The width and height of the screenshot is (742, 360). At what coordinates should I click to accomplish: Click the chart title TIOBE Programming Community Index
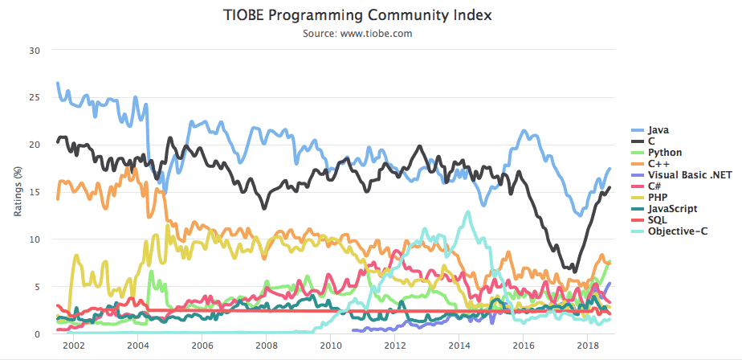click(x=357, y=15)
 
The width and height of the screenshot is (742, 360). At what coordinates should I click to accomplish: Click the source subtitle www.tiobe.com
click(x=357, y=33)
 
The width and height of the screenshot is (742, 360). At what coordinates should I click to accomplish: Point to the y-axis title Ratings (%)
click(x=17, y=192)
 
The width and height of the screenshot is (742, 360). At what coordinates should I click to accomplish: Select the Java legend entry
click(x=658, y=129)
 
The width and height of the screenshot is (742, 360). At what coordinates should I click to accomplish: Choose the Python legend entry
click(x=665, y=152)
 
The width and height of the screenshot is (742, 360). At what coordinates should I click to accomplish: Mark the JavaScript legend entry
click(x=670, y=208)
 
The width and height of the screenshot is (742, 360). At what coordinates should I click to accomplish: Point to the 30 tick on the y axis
click(x=33, y=50)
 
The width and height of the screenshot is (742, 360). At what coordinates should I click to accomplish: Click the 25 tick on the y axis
click(x=33, y=97)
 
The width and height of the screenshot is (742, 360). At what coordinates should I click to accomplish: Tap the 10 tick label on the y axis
click(x=33, y=239)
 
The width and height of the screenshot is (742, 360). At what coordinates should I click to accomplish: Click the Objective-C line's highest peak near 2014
click(x=467, y=212)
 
